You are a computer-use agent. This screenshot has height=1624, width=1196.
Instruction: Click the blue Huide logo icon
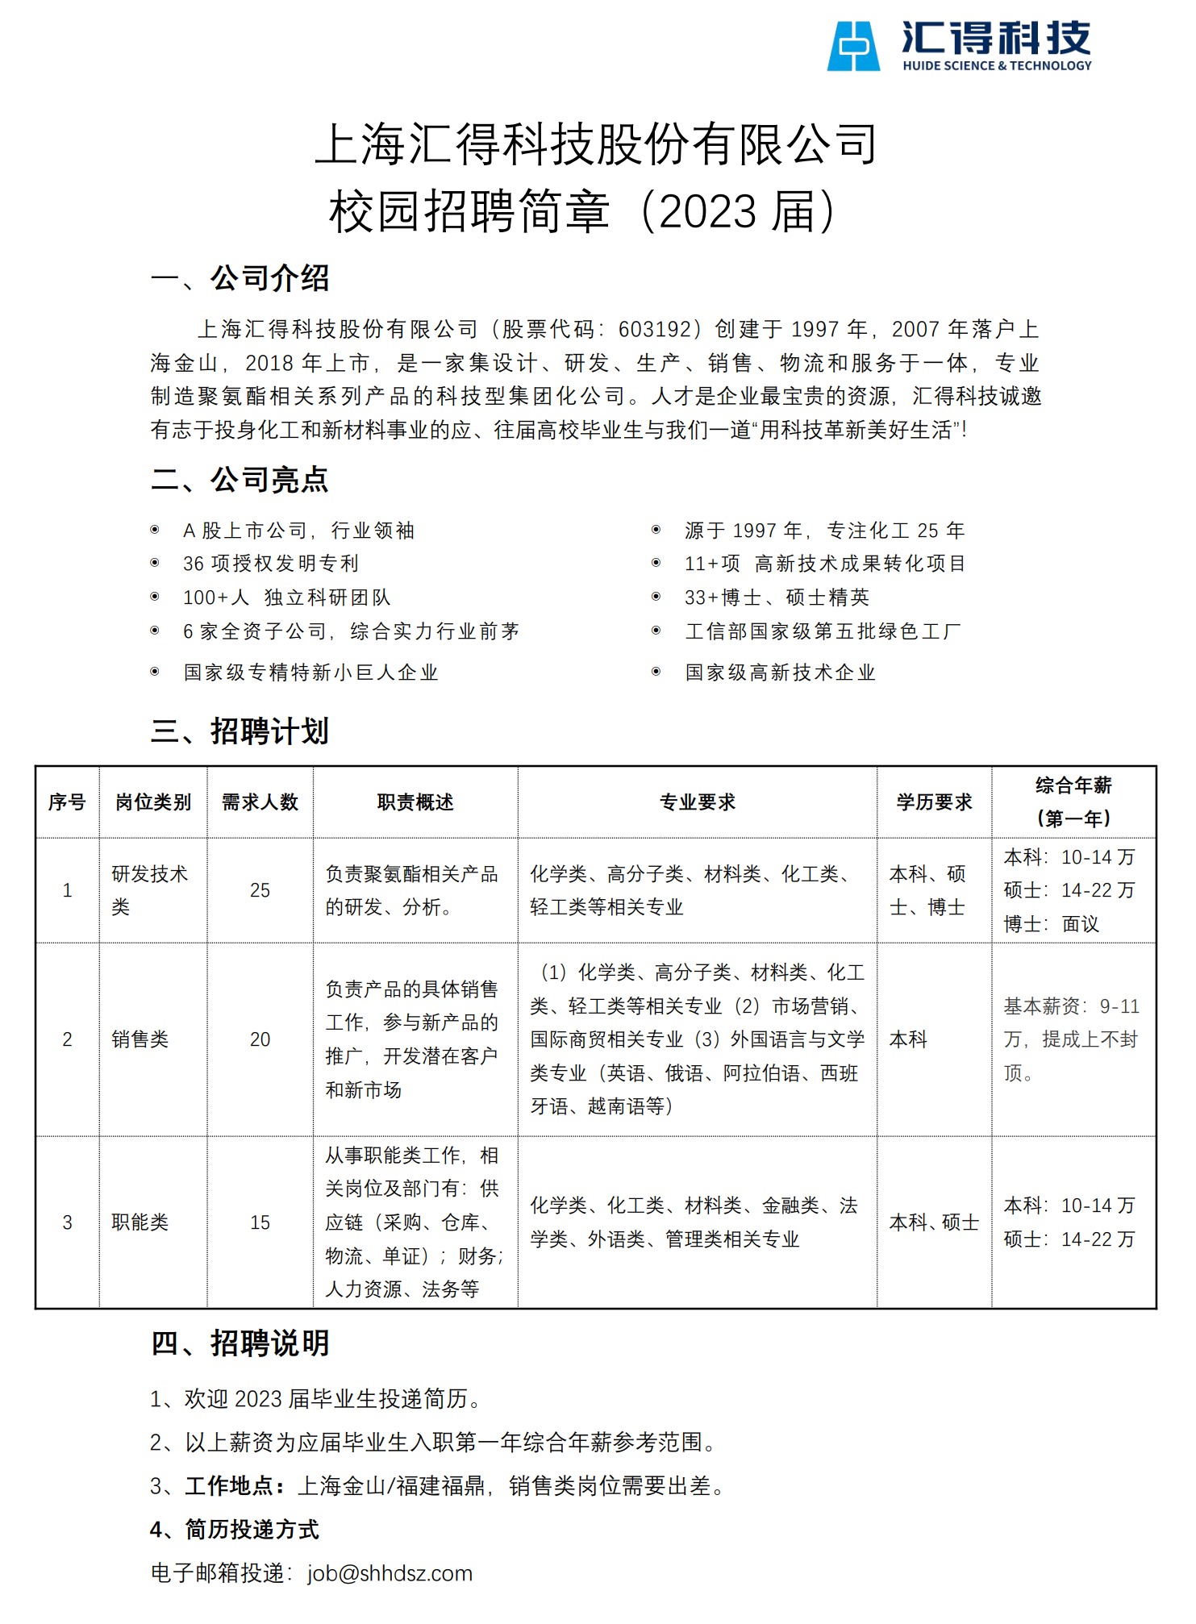(853, 47)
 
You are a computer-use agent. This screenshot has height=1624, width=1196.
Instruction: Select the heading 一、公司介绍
(240, 279)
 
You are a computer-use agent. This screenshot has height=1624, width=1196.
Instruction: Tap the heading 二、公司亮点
(240, 480)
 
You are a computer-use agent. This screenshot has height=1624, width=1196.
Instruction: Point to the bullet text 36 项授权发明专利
(271, 564)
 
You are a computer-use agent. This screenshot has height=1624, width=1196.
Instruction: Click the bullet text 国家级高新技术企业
(780, 673)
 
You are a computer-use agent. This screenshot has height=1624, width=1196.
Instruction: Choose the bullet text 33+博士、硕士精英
(777, 598)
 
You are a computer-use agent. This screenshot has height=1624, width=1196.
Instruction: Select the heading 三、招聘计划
(240, 731)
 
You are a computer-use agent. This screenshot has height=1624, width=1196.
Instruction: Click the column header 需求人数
(260, 802)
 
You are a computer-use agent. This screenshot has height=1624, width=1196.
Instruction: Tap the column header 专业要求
(698, 802)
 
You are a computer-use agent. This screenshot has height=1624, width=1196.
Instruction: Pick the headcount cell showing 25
(260, 891)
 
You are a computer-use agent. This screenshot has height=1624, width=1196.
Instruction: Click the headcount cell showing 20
(260, 1040)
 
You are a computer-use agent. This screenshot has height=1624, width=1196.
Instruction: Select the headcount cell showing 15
(260, 1223)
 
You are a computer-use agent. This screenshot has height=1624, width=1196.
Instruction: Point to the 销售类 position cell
(140, 1040)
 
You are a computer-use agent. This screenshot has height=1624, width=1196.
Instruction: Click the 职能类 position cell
(140, 1223)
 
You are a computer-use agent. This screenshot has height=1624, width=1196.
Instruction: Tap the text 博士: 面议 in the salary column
(1051, 925)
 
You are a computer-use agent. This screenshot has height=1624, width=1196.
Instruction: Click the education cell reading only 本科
(908, 1040)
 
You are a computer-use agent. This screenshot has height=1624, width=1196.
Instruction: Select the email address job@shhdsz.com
(390, 1573)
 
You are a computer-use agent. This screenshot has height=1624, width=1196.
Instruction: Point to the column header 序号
(67, 802)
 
